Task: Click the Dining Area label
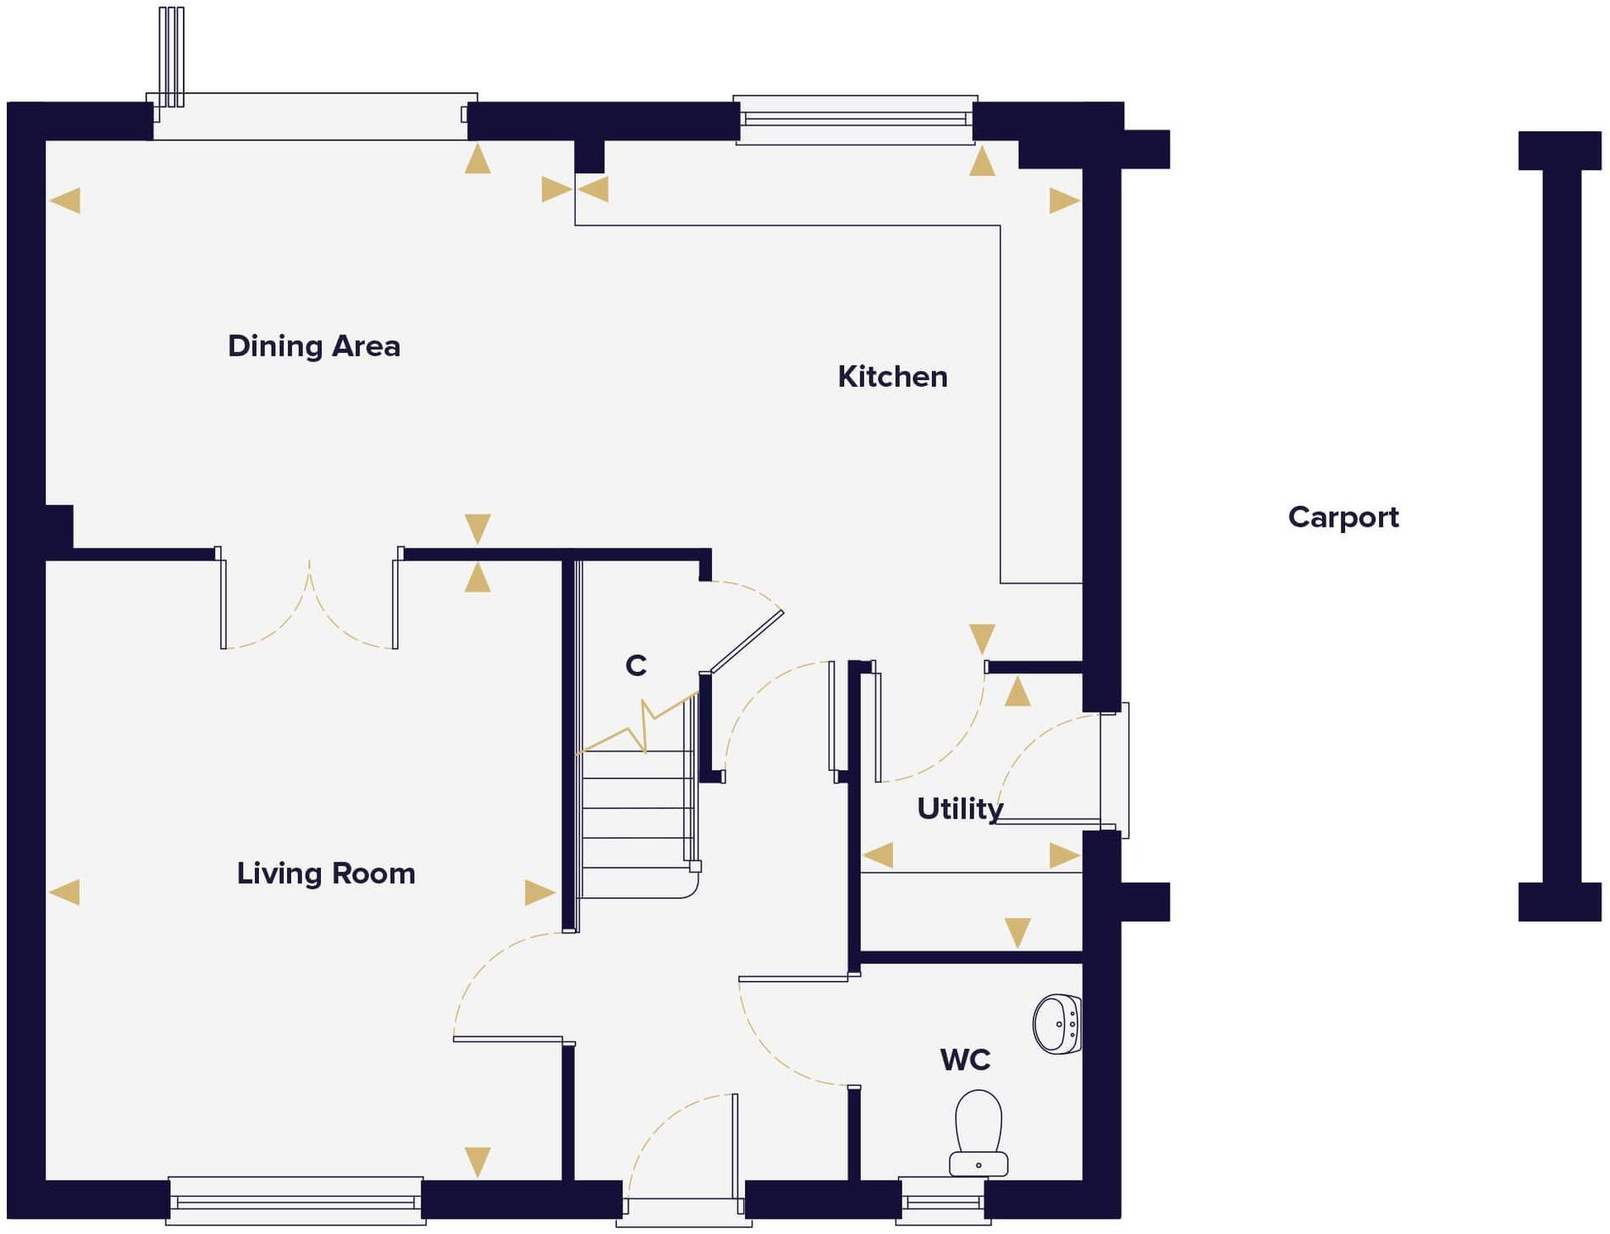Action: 313,346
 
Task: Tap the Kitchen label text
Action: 892,377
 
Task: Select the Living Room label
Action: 326,873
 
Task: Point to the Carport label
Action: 1343,517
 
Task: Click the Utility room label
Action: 959,809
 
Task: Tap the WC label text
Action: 965,1060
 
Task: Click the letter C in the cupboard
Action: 636,666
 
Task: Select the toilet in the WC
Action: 979,1134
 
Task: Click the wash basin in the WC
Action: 1057,1024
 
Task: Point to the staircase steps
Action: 637,821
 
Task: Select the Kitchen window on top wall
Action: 855,119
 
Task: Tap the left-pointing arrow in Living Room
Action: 65,892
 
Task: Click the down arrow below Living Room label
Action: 477,1161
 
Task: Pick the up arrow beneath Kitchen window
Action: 982,161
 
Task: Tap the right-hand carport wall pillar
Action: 1561,525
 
